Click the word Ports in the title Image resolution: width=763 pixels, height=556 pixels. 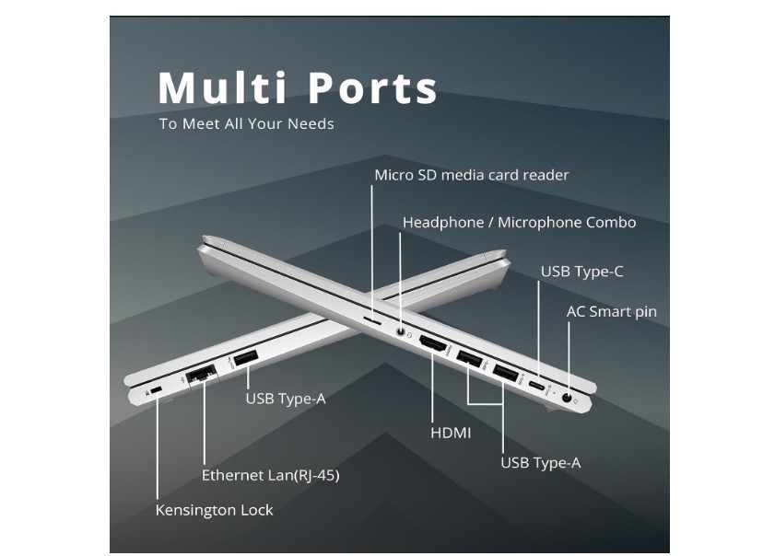373,87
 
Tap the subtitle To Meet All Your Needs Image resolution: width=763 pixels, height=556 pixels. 246,123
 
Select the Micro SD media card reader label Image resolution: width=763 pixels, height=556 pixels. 472,175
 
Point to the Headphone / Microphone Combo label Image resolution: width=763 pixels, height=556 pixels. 519,223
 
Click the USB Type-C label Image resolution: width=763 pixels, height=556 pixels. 582,272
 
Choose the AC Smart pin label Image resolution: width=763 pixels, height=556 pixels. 612,311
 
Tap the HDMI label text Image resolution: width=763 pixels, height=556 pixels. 451,433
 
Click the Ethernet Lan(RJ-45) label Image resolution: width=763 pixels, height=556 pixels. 271,475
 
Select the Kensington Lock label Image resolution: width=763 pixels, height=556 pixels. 214,510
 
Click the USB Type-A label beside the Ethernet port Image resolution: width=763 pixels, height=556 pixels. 286,399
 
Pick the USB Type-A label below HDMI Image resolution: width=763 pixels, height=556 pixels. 541,463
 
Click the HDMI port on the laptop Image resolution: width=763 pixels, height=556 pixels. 432,344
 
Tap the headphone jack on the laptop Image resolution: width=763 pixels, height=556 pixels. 401,332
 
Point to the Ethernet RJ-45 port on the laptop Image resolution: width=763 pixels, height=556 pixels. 202,374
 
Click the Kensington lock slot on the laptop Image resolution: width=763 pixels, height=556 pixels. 157,390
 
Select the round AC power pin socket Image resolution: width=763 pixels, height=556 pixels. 567,398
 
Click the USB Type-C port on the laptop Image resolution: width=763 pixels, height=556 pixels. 537,387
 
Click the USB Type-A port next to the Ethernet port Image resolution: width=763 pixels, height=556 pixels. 246,359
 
